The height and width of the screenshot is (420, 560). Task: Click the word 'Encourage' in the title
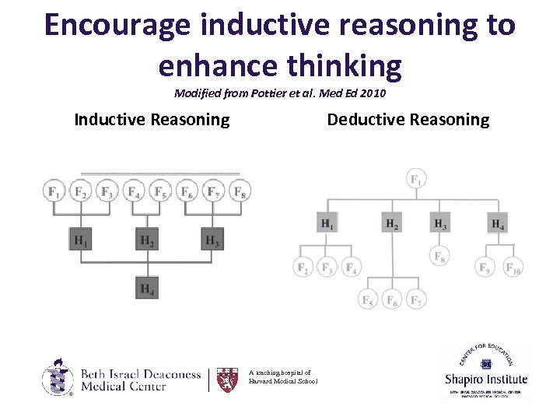tap(117, 25)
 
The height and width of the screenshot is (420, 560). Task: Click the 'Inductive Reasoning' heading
tap(152, 120)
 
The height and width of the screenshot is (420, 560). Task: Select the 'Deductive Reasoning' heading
tap(408, 120)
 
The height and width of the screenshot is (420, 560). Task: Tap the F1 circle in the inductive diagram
tap(54, 191)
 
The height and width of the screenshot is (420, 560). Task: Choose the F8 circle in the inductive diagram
tap(240, 191)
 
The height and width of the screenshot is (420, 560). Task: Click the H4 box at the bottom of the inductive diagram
tap(146, 288)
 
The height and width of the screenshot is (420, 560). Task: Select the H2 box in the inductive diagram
tap(146, 240)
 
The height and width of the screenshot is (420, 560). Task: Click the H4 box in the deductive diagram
tap(498, 224)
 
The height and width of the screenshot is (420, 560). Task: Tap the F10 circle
tap(513, 268)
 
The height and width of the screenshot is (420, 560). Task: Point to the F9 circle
tap(485, 268)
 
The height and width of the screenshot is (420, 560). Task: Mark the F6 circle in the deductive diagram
tap(392, 299)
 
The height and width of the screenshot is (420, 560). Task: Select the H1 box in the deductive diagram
tap(328, 224)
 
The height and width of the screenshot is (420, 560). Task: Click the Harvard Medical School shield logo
tap(227, 379)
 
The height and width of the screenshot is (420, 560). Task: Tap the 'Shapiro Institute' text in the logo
tap(486, 380)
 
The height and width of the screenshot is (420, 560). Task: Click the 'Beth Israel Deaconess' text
tap(141, 374)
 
